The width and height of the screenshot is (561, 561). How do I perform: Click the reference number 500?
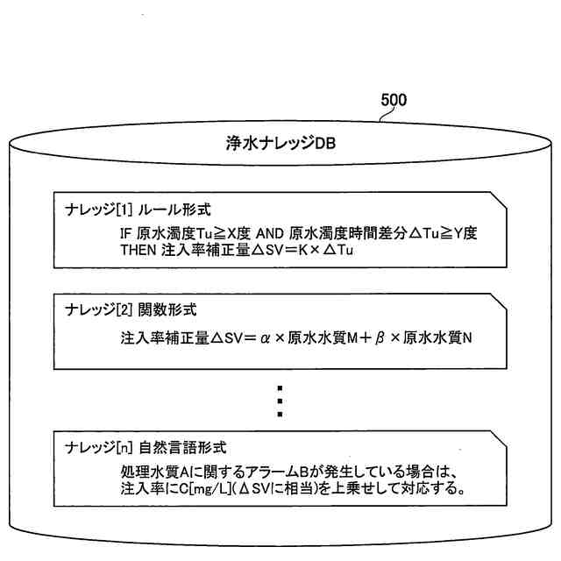[x=394, y=101]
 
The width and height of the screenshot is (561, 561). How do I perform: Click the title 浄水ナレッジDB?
[x=280, y=141]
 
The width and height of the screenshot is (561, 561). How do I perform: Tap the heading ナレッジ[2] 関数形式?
[x=131, y=310]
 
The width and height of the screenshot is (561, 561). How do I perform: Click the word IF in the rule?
[x=127, y=235]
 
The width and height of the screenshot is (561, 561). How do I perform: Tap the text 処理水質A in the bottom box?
[x=155, y=472]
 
